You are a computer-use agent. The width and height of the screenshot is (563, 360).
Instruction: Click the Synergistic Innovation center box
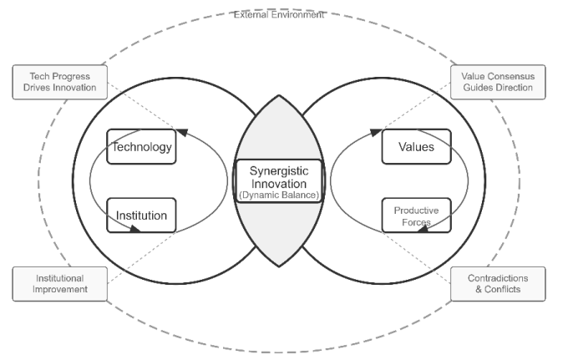click(x=279, y=181)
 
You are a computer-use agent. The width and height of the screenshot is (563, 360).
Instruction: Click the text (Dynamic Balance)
click(x=279, y=195)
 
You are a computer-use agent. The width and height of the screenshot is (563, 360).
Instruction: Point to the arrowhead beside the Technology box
click(x=182, y=132)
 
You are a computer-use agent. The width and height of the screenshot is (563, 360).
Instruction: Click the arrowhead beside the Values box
click(x=375, y=132)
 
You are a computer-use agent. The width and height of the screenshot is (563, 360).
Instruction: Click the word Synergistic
click(x=279, y=170)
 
